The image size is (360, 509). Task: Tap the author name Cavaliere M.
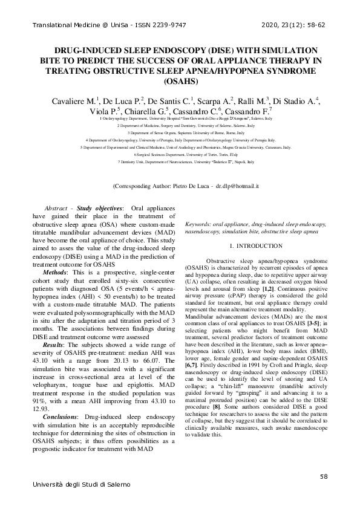[x=71, y=100]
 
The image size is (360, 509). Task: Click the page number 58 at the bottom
[x=324, y=478]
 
